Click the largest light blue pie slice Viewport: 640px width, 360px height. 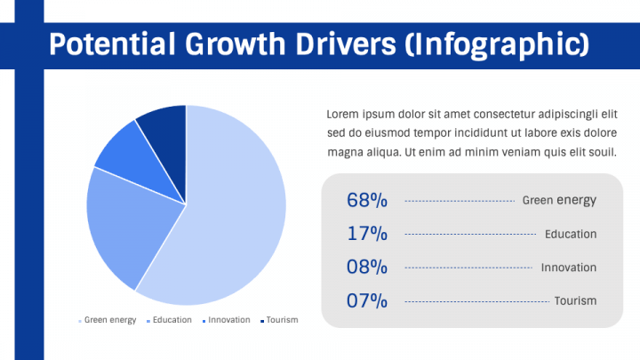[228, 212]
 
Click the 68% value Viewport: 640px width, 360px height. [367, 200]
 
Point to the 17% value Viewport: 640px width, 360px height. [367, 234]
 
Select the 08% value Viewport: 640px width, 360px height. [367, 268]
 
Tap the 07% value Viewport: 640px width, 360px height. [367, 300]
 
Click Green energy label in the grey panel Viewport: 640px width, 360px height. [559, 200]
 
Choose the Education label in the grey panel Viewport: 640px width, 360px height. [571, 235]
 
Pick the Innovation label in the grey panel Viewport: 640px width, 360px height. [569, 268]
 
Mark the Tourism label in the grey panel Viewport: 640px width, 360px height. [575, 300]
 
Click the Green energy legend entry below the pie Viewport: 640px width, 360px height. [108, 320]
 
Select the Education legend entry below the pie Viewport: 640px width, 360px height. [169, 320]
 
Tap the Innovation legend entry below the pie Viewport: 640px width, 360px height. [227, 320]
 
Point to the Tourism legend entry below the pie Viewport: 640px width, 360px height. [279, 320]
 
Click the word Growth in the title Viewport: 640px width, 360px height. [235, 44]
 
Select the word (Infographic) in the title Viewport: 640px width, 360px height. [497, 45]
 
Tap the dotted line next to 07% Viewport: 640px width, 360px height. [476, 302]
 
